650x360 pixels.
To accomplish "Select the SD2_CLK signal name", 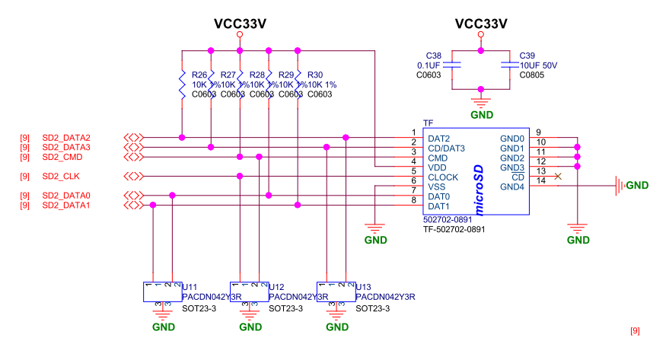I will [x=60, y=177].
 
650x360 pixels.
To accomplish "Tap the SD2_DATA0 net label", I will [x=65, y=196].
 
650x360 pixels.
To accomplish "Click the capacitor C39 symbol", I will [x=508, y=66].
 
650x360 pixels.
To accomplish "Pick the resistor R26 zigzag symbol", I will [x=182, y=84].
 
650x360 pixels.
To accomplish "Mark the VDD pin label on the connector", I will [x=437, y=167].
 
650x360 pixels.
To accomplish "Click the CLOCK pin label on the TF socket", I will [x=442, y=177].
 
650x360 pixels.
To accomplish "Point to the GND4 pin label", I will [x=512, y=186].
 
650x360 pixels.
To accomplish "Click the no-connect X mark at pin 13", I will [x=559, y=177].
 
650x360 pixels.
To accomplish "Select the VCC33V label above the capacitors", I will [x=480, y=24].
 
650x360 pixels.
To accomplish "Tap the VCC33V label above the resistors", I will [x=240, y=24].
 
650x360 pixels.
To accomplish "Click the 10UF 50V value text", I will [x=538, y=65].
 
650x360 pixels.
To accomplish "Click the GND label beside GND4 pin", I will [x=637, y=186].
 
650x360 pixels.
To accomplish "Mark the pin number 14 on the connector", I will [x=541, y=180].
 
